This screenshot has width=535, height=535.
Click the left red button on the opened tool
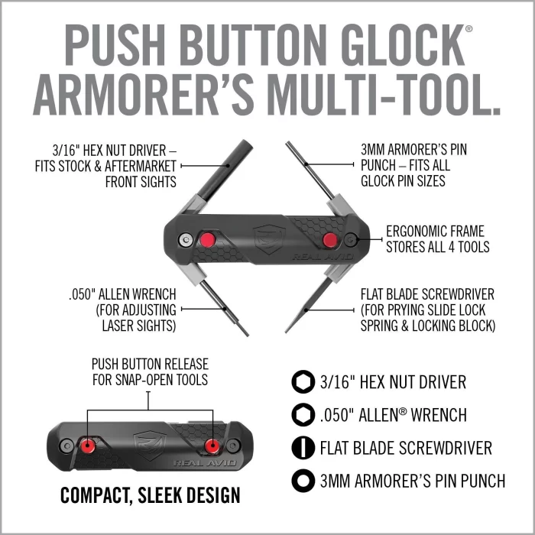click(206, 241)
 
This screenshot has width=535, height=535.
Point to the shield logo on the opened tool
click(268, 238)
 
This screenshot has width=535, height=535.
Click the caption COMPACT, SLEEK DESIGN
click(150, 495)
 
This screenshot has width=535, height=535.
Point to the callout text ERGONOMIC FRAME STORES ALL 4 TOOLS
click(435, 239)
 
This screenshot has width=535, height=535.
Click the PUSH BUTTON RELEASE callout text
click(150, 372)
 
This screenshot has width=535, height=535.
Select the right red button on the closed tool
click(212, 445)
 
